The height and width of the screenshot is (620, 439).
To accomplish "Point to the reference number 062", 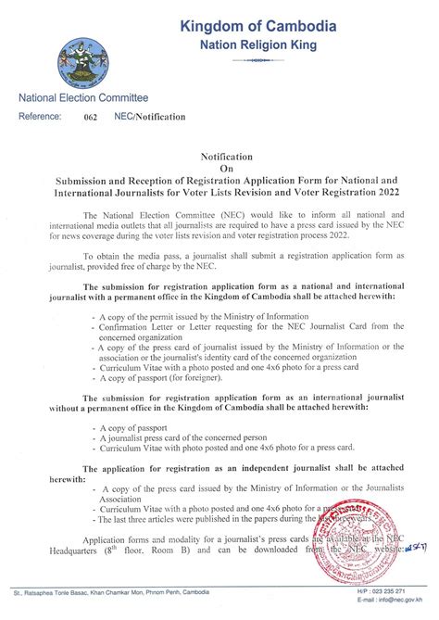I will (x=90, y=118).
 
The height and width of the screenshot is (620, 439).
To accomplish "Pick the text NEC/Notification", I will (x=150, y=118).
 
